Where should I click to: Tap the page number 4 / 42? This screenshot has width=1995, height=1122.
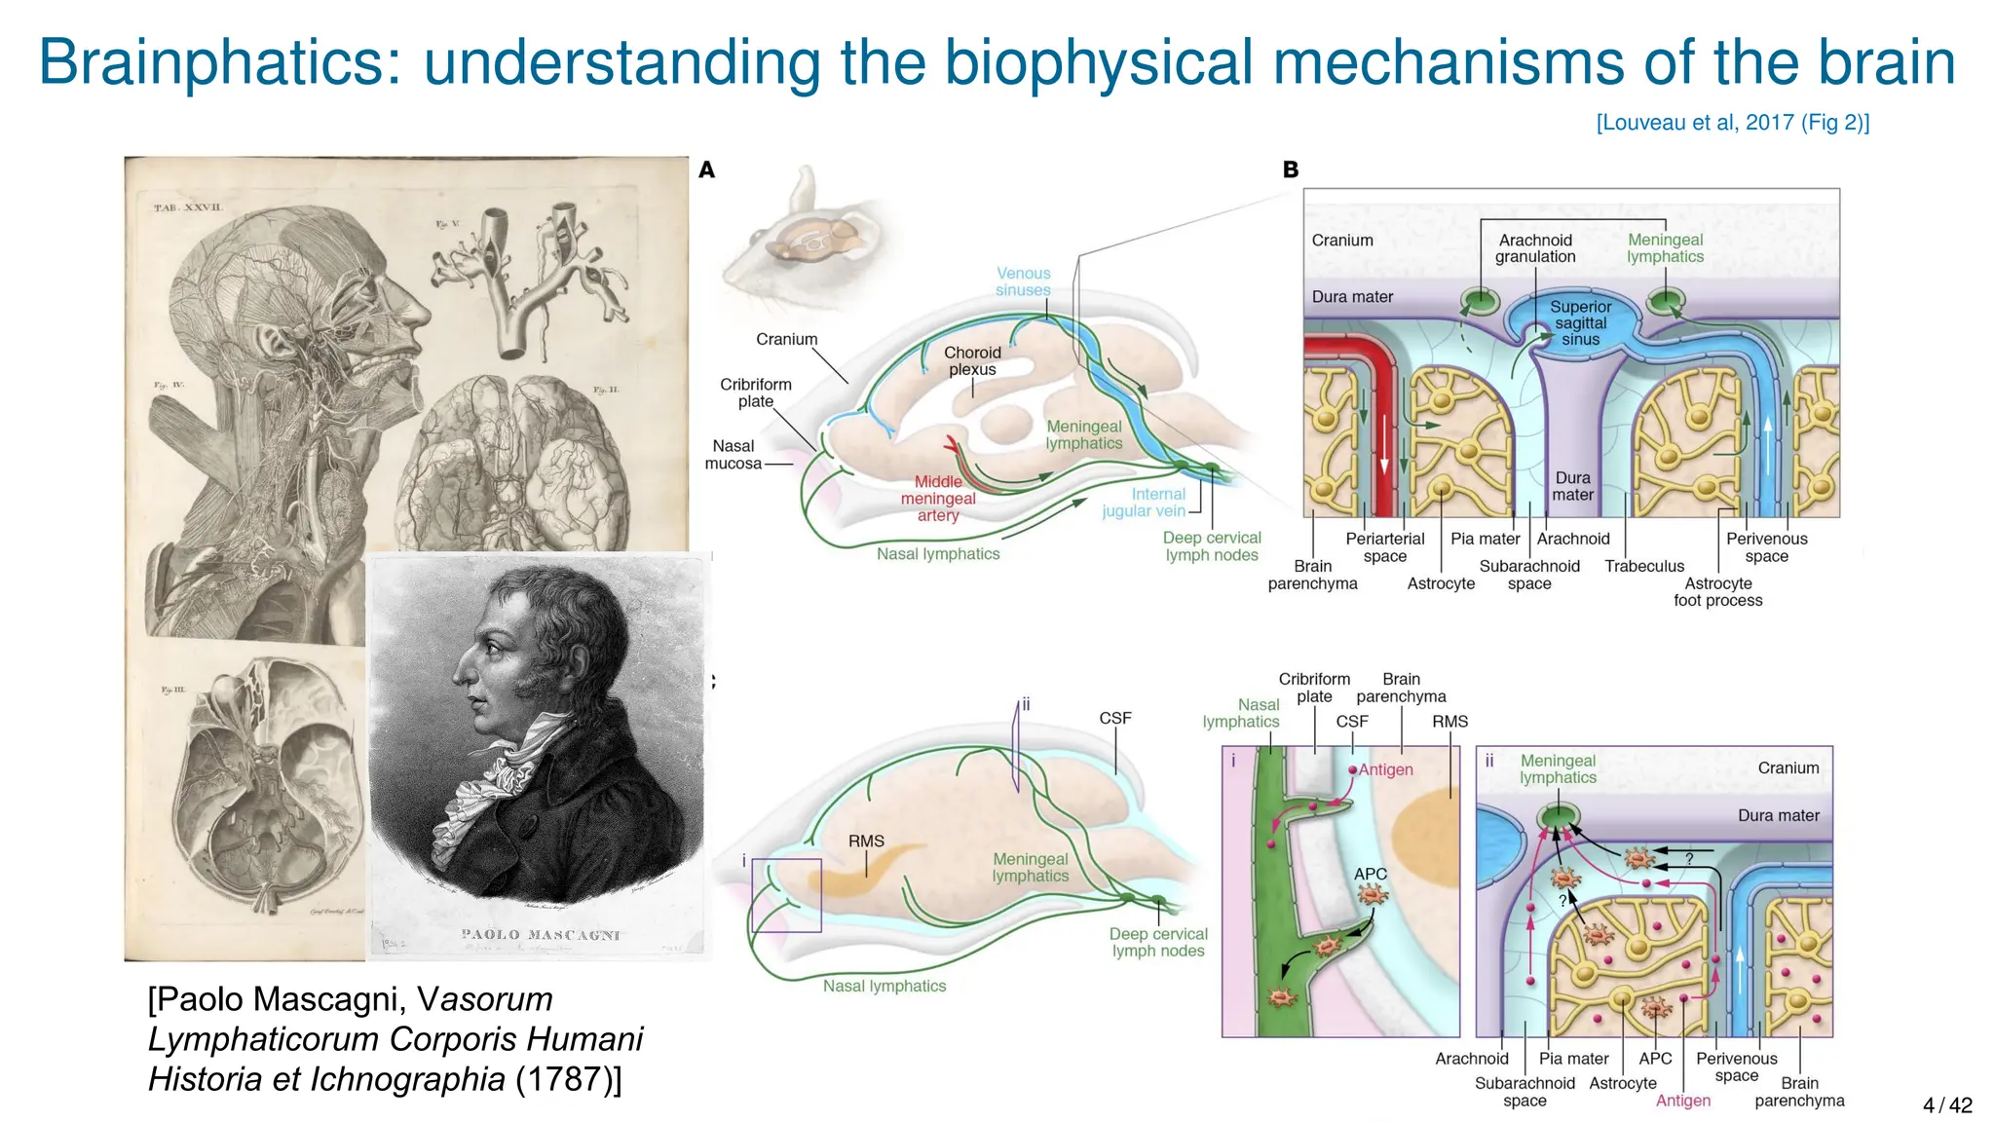pos(1947,1104)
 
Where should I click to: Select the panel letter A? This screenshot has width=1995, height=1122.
pos(707,170)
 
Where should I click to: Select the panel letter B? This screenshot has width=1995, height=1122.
pos(1291,170)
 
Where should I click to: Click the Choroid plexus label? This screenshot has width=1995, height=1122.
pos(972,361)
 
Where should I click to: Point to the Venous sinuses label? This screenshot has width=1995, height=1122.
pos(1023,281)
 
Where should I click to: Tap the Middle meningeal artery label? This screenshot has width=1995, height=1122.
pos(937,499)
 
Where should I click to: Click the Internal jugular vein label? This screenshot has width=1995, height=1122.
pos(1145,503)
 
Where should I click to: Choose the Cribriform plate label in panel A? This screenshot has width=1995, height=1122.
pos(756,393)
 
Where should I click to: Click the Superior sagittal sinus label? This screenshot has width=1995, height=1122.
pos(1580,323)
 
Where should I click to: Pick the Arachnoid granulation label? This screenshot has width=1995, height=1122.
pos(1535,248)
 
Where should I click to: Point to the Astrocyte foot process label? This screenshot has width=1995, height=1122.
pos(1718,592)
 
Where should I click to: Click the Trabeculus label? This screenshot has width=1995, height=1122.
pos(1644,567)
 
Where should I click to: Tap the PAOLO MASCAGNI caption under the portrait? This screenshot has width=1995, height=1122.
pos(541,935)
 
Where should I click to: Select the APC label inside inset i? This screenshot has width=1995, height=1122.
pos(1371,875)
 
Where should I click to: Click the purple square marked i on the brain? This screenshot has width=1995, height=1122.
pos(786,895)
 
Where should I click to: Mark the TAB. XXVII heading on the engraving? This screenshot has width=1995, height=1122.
pos(188,207)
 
